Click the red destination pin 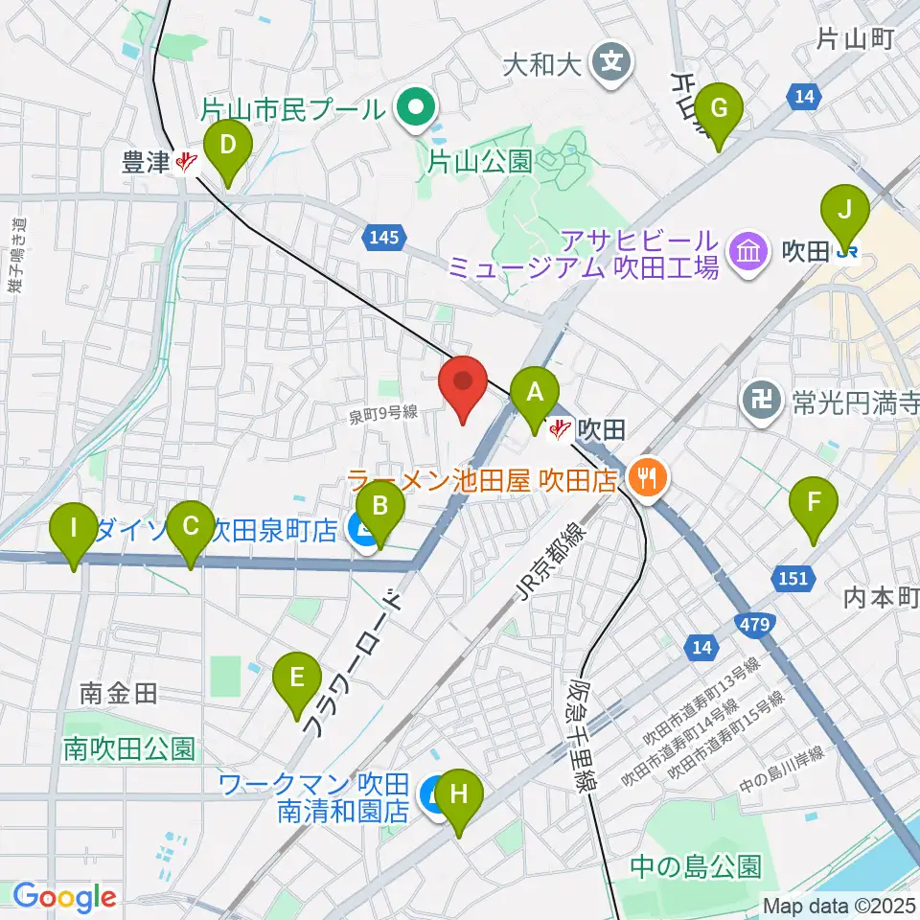tap(464, 385)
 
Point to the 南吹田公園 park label tap(129, 748)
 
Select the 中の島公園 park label tap(696, 867)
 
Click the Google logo tap(65, 897)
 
